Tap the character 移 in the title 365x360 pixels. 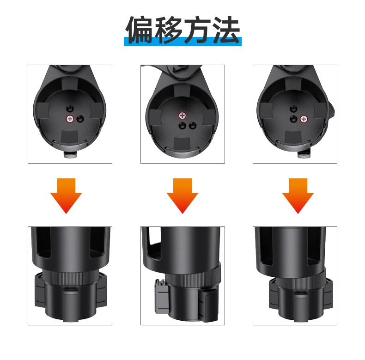tap(168, 30)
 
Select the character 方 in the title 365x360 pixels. tap(198, 30)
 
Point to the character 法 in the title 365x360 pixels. tap(226, 30)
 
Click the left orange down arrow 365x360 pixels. tap(66, 196)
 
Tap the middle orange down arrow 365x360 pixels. tap(182, 196)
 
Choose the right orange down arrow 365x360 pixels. tap(298, 196)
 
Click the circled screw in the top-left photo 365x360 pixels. tap(70, 119)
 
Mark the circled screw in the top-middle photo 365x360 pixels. tap(182, 115)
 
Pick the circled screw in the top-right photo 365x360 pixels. tap(304, 119)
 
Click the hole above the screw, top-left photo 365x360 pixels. tap(70, 108)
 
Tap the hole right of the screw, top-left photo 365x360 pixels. tap(80, 119)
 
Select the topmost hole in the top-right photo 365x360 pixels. tap(293, 109)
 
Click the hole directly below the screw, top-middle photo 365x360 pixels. tap(182, 126)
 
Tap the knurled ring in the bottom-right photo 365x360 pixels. tap(300, 278)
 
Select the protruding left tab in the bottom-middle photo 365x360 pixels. tap(161, 295)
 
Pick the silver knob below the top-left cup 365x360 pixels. tap(71, 155)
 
